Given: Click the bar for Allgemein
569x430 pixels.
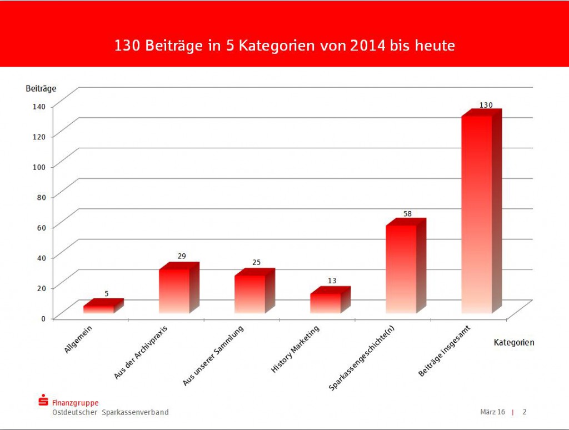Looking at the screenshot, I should (x=98, y=309).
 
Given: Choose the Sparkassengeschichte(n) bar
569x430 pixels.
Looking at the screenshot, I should (x=401, y=269).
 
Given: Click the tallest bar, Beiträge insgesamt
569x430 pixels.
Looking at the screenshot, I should (x=477, y=214).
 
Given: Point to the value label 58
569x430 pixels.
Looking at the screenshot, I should (x=408, y=214).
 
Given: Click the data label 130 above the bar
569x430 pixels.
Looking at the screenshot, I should (x=485, y=105).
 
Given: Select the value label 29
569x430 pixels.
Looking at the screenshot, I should (x=181, y=256).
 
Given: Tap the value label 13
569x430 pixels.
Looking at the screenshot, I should (x=332, y=281).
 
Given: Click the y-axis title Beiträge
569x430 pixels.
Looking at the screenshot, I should (x=41, y=88).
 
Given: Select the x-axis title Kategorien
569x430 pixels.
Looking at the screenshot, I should (x=514, y=343).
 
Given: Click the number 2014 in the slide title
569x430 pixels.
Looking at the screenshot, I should (x=368, y=46).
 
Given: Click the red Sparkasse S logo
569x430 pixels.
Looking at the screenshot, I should (x=43, y=401).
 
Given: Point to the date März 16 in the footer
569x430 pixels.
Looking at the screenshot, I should (x=492, y=412).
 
